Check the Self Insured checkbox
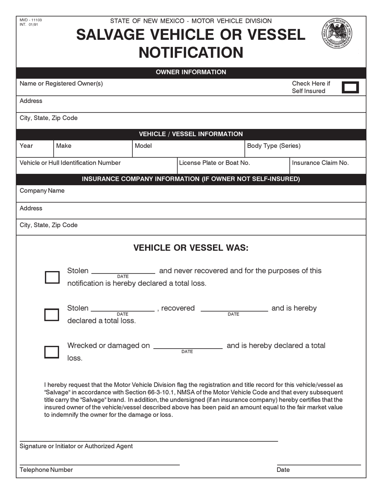[350, 87]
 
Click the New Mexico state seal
[337, 33]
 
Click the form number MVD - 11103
[31, 20]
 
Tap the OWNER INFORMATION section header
[191, 72]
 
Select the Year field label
[26, 146]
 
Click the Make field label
[64, 146]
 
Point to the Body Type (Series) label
[273, 146]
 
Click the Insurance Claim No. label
[320, 163]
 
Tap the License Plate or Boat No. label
[214, 163]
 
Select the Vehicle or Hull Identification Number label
[70, 163]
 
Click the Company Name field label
[42, 191]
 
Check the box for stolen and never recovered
[52, 277]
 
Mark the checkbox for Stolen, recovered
[52, 314]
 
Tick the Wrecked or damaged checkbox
[52, 352]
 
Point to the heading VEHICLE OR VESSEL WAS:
[191, 248]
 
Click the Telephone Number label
[46, 470]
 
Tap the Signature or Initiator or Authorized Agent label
[76, 446]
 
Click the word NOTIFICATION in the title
[191, 53]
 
